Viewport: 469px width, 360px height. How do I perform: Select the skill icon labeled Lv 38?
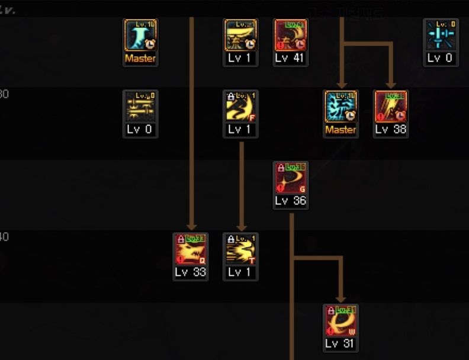click(x=391, y=107)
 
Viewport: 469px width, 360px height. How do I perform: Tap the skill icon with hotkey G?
click(x=290, y=178)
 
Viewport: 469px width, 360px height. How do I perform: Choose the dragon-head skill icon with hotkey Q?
click(x=191, y=249)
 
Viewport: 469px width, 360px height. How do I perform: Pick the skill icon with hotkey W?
click(x=340, y=320)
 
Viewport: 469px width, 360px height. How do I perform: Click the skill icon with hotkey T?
click(x=240, y=249)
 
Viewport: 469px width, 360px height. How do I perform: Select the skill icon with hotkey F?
click(x=240, y=107)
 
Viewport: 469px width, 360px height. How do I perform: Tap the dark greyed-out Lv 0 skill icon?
click(x=140, y=107)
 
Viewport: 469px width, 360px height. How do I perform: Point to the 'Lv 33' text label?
click(x=191, y=272)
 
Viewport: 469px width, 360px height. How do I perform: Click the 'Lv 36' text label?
click(x=290, y=201)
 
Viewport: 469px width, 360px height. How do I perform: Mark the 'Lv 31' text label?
click(x=340, y=343)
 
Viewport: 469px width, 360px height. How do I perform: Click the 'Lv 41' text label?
click(x=290, y=58)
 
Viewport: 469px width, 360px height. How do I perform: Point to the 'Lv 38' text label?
click(x=391, y=129)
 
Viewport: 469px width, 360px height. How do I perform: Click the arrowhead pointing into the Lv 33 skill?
click(x=191, y=226)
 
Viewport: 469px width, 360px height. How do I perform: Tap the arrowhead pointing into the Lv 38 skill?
click(x=391, y=83)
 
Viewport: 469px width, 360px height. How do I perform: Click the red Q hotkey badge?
click(x=202, y=260)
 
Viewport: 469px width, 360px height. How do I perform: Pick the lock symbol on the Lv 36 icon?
click(x=280, y=168)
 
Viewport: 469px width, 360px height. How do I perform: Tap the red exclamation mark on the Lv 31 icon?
click(x=330, y=330)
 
